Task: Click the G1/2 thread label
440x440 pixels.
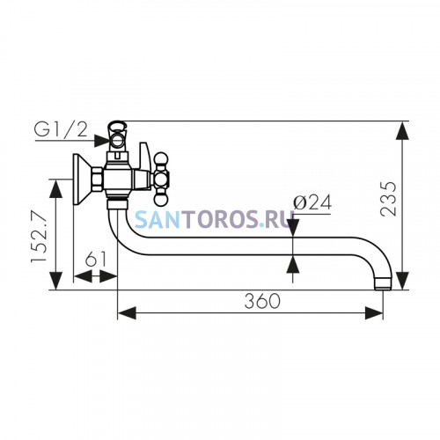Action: tap(61, 129)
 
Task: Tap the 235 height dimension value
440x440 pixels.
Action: tap(388, 199)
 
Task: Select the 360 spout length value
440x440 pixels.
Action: tap(262, 301)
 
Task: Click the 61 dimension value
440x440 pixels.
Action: tap(95, 259)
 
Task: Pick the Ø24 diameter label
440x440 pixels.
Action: tap(312, 202)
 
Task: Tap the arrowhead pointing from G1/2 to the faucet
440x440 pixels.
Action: tap(102, 141)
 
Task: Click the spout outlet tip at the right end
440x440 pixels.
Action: tap(383, 283)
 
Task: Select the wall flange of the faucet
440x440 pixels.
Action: tap(81, 180)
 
